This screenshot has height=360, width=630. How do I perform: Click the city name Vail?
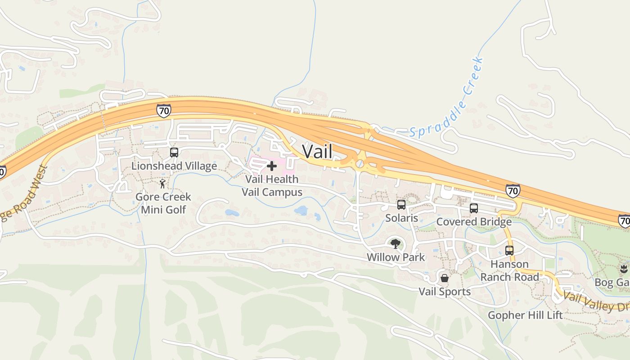coord(317,152)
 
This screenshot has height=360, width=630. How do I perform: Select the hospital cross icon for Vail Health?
coord(271,166)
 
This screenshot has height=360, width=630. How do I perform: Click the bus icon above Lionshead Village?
coord(174,153)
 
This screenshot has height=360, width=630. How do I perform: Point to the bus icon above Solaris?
coord(401,205)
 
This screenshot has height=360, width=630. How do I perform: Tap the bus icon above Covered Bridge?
coord(474,208)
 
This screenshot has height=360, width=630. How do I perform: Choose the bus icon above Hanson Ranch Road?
coord(509,251)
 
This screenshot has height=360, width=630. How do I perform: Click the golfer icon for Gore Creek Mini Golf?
coord(163,184)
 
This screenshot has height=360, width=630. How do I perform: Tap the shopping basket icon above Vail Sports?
coord(445,278)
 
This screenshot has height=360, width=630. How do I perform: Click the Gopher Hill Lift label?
coord(525,315)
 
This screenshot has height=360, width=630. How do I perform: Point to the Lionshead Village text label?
coord(174,166)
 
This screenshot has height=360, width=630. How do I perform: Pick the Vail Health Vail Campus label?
coord(272,185)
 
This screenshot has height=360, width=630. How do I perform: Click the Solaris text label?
coord(401,218)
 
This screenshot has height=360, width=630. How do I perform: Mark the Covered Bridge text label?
coord(474,222)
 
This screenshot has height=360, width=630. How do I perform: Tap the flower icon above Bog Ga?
coord(623,270)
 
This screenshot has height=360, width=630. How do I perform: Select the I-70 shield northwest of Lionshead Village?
coord(164,110)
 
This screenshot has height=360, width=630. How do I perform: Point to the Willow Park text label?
coord(396,257)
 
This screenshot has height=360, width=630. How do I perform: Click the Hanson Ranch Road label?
coord(509,270)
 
